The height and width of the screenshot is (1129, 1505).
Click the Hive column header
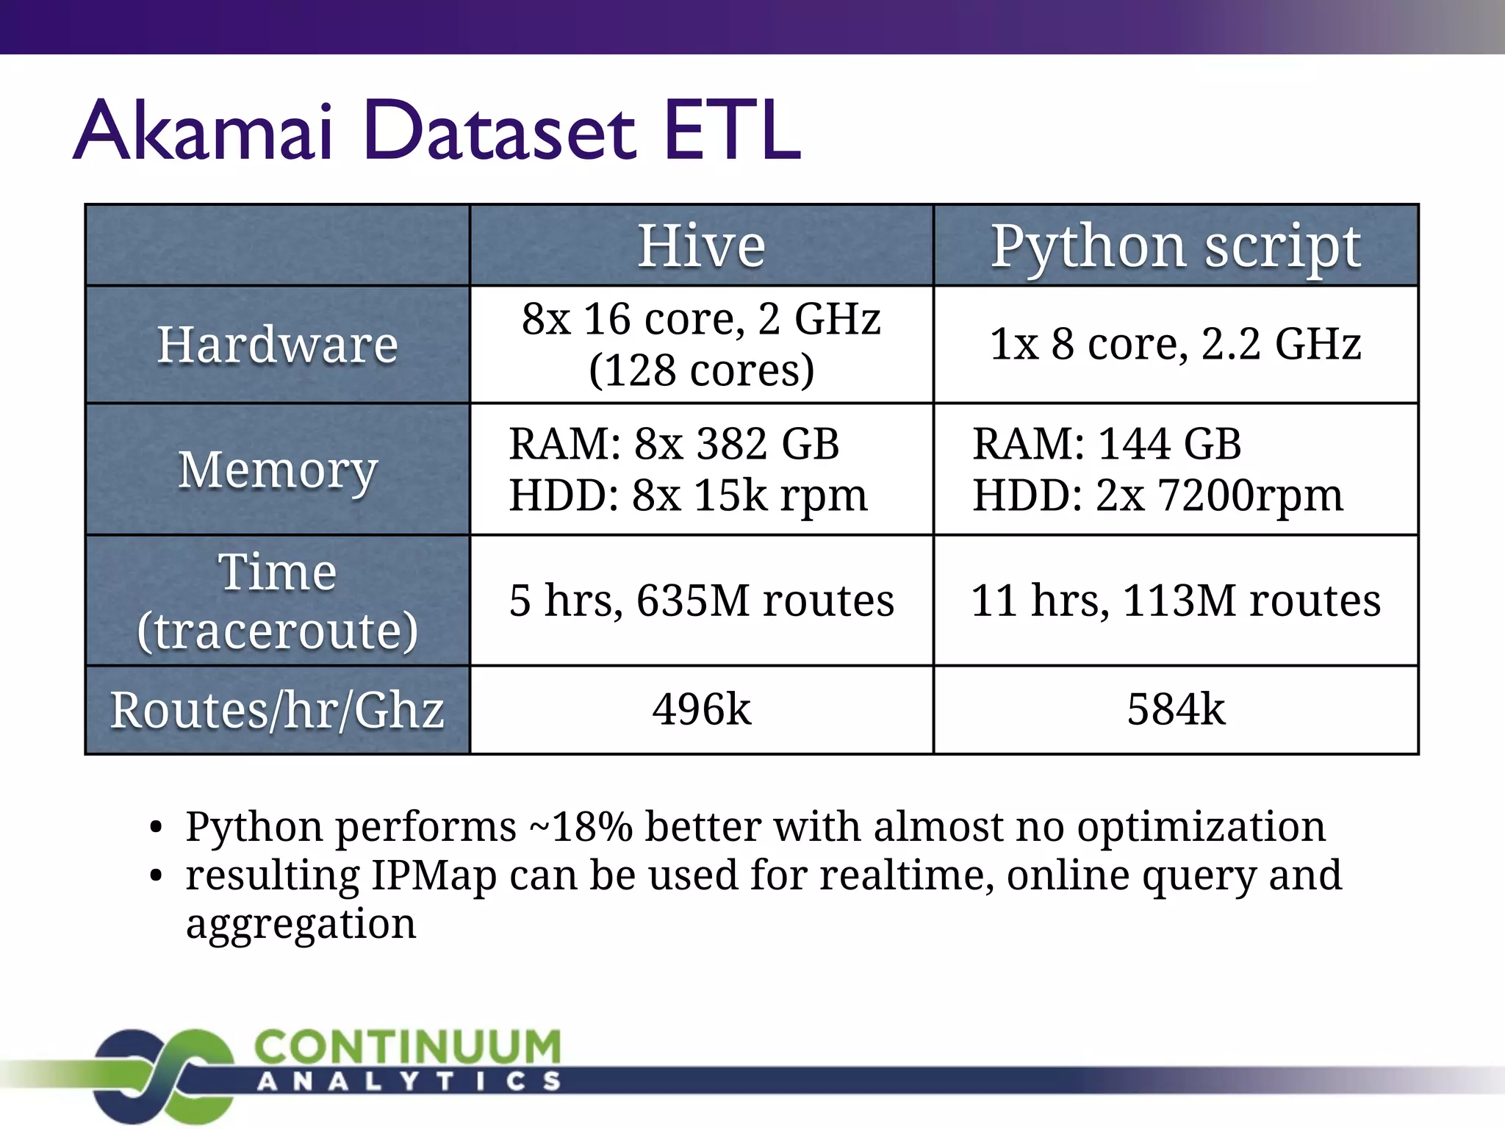coord(701,245)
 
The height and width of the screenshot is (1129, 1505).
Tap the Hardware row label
coord(278,344)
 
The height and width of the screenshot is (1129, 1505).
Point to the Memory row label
coord(278,470)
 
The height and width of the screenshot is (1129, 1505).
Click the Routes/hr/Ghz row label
coord(278,711)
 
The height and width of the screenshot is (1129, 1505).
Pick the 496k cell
coord(702,709)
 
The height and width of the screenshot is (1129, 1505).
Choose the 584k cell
coord(1176,709)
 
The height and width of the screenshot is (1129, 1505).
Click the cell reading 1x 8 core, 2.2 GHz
coord(1176,344)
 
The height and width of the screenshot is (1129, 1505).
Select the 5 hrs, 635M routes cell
coord(702,601)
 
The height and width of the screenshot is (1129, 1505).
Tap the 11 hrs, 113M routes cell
coord(1176,601)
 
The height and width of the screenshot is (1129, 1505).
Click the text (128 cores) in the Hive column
coord(702,370)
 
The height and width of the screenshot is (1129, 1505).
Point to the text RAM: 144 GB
coord(1107,444)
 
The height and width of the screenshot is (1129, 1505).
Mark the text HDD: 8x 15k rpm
coord(689,495)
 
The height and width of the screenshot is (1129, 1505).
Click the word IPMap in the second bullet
coord(434,875)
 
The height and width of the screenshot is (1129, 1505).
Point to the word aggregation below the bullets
coord(301,924)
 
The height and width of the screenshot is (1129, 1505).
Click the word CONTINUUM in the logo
coord(408,1047)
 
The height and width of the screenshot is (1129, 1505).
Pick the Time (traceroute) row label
coord(278,601)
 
